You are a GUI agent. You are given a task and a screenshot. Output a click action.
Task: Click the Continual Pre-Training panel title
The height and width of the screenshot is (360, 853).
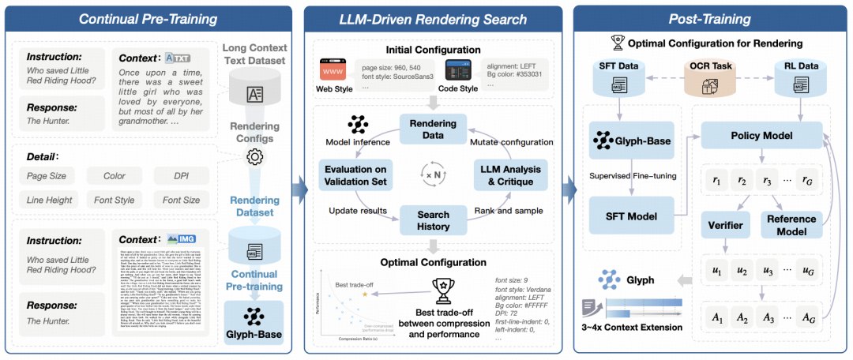point(150,18)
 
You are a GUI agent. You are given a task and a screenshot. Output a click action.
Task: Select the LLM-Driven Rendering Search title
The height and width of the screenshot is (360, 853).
point(433,18)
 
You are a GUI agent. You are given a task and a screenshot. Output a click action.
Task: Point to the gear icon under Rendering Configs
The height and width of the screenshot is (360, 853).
point(254,156)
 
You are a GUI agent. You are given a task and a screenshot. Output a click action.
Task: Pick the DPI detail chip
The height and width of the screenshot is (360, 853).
point(182,176)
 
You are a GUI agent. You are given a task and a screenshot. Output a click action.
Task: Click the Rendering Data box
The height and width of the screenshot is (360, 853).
point(433,128)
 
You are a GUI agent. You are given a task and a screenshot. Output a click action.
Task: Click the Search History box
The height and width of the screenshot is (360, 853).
point(433,221)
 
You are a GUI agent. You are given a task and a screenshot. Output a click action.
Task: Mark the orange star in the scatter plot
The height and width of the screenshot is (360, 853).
point(365,294)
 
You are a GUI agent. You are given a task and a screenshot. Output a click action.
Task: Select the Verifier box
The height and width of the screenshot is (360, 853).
point(725,225)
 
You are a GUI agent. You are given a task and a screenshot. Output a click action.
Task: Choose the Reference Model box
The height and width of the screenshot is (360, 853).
point(791,225)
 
